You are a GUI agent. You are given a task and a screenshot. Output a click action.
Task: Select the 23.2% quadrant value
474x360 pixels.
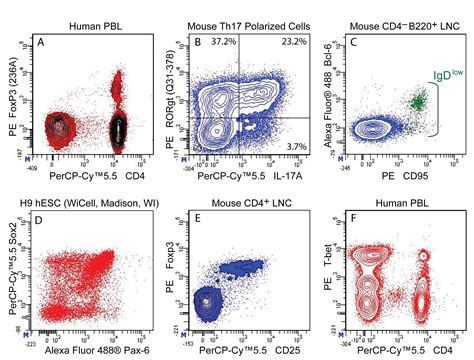[294, 41]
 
